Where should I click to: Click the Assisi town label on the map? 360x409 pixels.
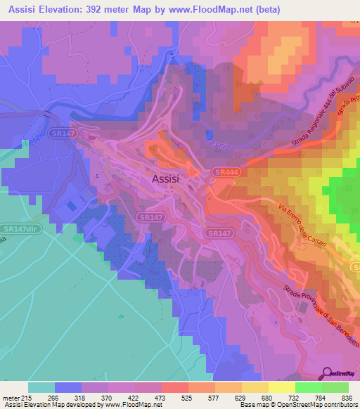pyautogui.click(x=166, y=179)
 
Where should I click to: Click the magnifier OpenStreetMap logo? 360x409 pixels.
pyautogui.click(x=327, y=373)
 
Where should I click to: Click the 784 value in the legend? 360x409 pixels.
pyautogui.click(x=321, y=398)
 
